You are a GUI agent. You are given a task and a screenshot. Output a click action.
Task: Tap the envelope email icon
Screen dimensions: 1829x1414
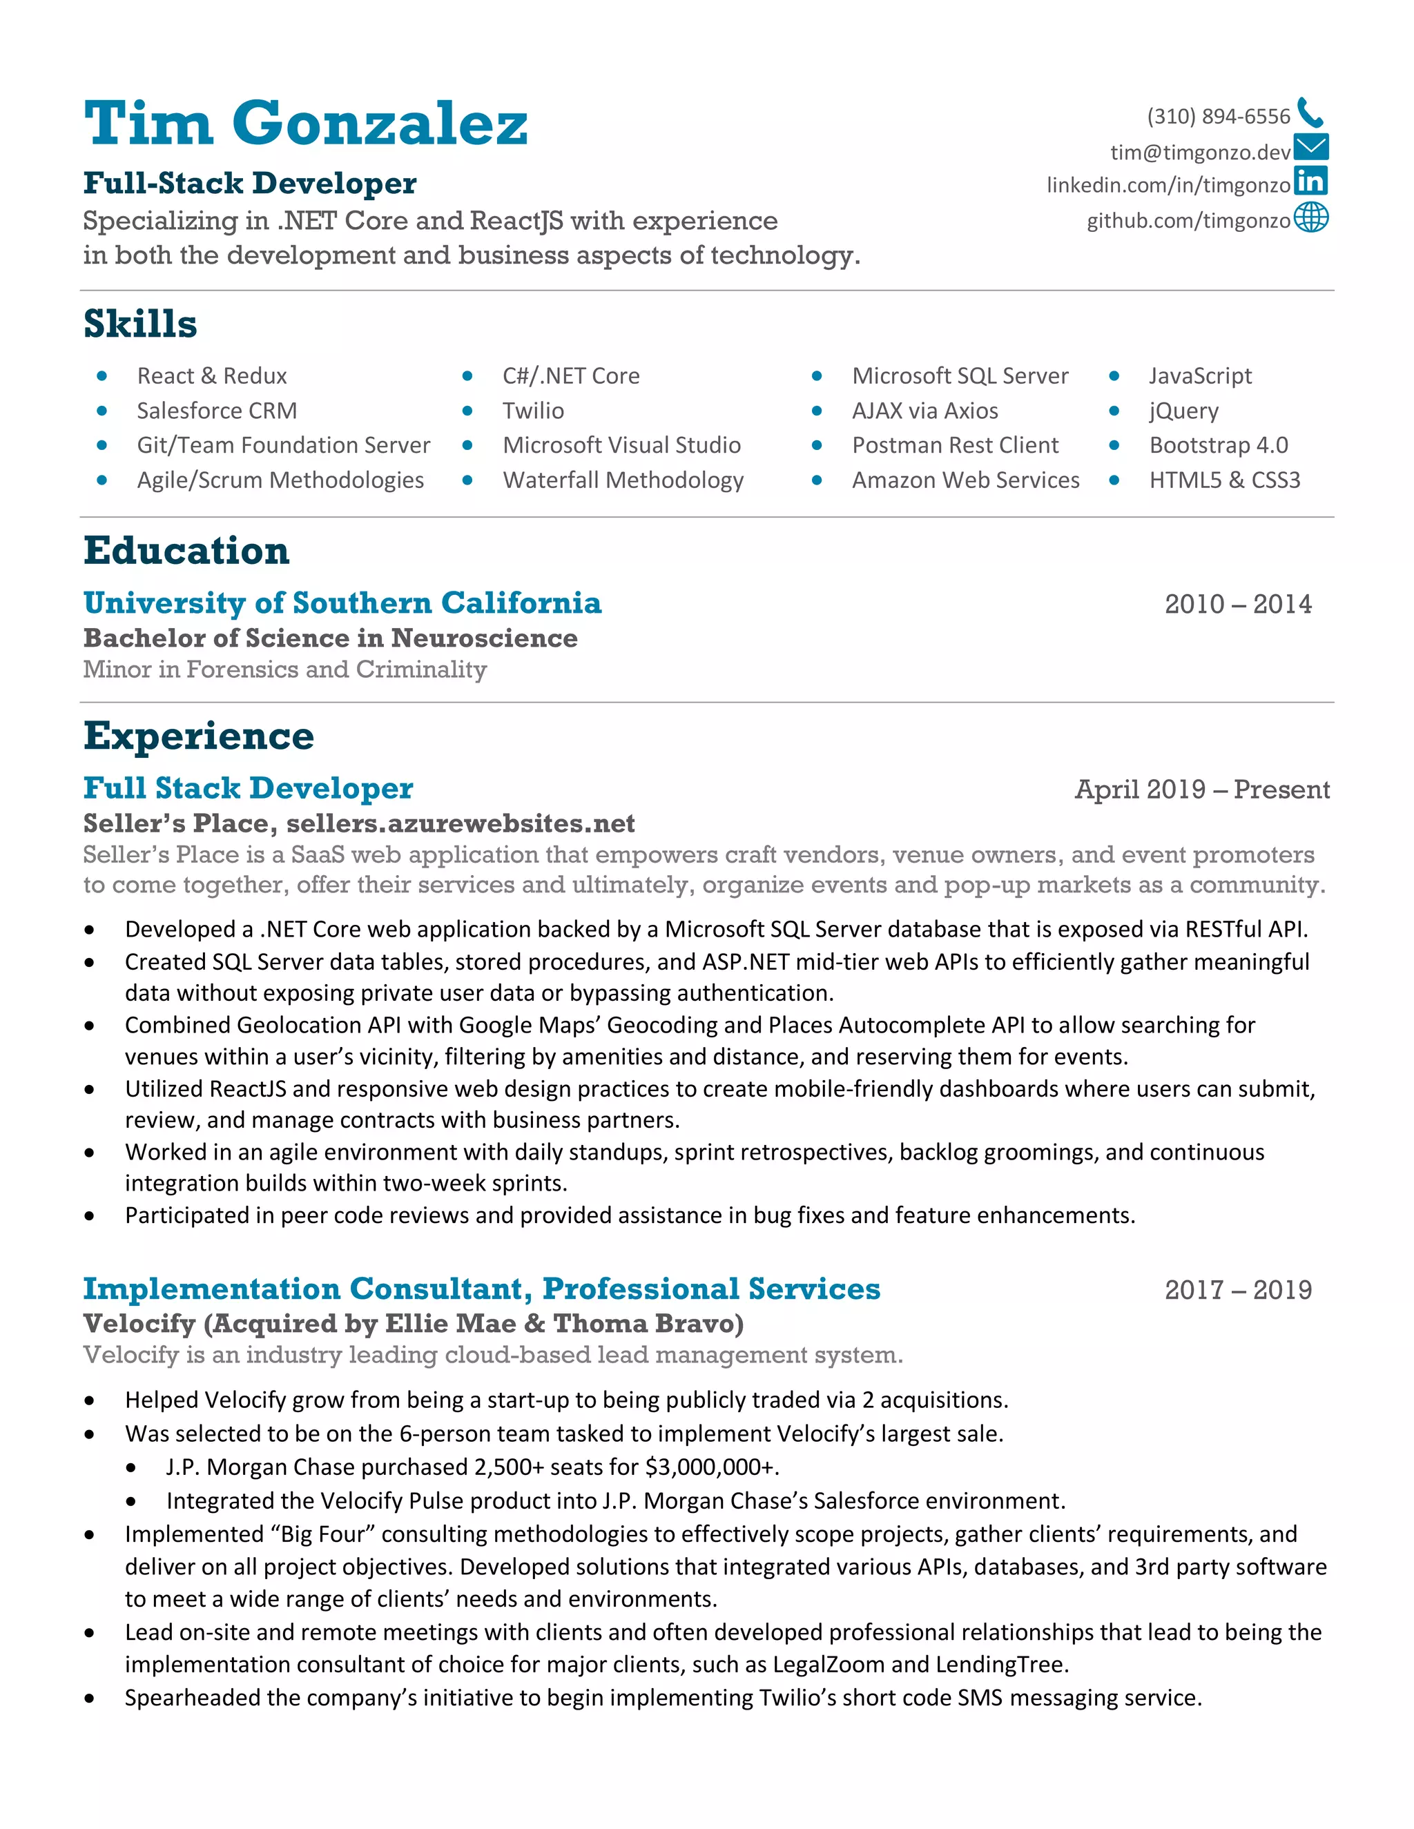click(x=1310, y=148)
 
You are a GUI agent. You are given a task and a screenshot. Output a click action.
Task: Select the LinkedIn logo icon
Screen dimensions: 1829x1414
click(x=1310, y=182)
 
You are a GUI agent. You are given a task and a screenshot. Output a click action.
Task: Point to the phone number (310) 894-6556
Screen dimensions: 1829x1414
click(x=1218, y=117)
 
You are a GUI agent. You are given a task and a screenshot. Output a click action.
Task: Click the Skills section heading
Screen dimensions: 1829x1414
click(x=140, y=324)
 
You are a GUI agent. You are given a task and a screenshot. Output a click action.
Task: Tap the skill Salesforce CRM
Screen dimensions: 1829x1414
click(x=217, y=411)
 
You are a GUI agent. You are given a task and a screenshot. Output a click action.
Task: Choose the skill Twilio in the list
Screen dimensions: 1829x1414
click(x=533, y=411)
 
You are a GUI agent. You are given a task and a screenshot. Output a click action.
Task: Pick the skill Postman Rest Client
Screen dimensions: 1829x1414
click(x=955, y=446)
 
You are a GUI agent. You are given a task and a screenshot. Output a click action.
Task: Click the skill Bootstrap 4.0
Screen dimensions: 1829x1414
click(x=1218, y=446)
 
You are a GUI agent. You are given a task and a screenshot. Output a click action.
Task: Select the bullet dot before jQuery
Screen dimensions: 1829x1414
click(x=1114, y=411)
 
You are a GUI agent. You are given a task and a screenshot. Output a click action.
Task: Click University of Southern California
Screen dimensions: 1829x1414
click(x=342, y=603)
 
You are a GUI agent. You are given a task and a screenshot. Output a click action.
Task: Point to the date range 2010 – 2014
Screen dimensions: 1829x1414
click(x=1237, y=605)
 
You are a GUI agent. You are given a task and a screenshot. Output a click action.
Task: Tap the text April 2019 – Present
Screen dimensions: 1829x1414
click(x=1201, y=790)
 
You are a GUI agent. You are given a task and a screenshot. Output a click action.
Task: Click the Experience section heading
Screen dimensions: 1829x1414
click(x=199, y=736)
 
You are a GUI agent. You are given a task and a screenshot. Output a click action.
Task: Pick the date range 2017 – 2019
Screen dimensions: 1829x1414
click(x=1237, y=1291)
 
